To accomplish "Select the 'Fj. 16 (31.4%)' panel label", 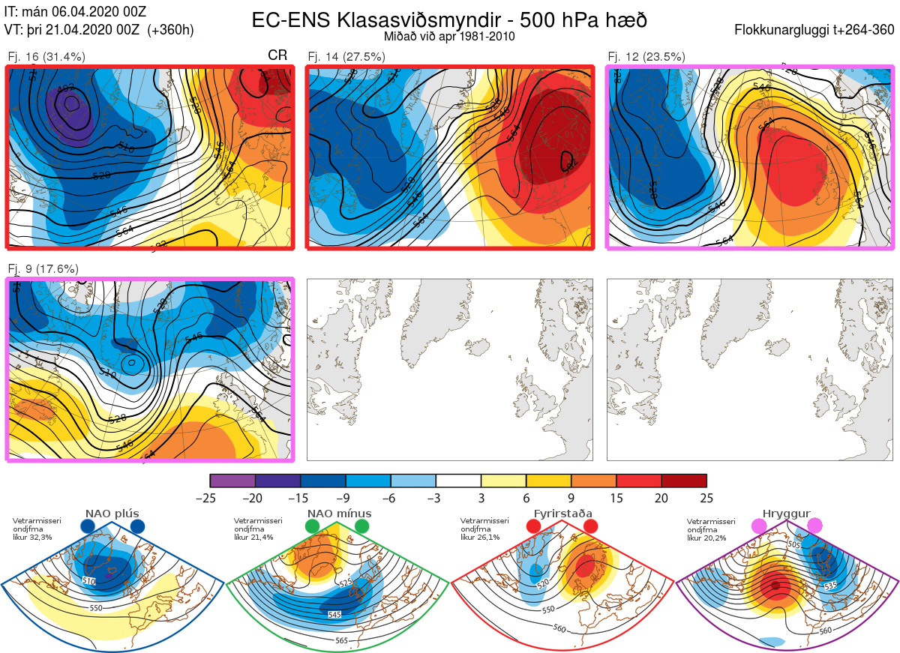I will pos(46,56).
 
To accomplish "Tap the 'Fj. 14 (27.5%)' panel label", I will pos(346,56).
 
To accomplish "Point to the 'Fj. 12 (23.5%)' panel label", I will pos(646,56).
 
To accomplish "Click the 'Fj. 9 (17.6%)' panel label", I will pos(43,269).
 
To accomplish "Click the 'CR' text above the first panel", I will pos(277,55).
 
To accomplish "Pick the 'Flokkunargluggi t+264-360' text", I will pos(815,30).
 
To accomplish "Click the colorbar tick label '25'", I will pos(706,498).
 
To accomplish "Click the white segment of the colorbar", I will pos(458,481).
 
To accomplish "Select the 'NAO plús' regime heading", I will pos(112,514).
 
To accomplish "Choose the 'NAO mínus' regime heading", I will pos(339,514).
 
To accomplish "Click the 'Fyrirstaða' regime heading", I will pos(562,514).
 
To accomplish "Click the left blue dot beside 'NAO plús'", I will pos(88,527).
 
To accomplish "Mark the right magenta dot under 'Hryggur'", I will pos(815,527).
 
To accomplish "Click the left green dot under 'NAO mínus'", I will pos(313,527).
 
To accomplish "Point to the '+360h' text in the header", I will pos(171,30).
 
